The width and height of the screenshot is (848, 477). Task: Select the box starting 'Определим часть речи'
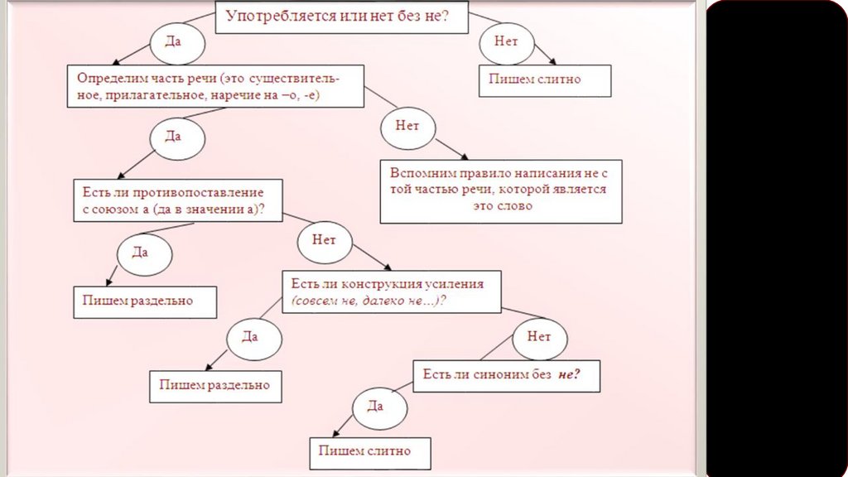(x=214, y=86)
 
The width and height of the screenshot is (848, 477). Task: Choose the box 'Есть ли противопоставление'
(x=179, y=200)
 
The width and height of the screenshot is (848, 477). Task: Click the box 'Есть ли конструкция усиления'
(x=391, y=291)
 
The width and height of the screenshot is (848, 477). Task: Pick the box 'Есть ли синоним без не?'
(x=506, y=375)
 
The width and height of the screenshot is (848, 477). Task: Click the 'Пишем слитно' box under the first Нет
(x=544, y=80)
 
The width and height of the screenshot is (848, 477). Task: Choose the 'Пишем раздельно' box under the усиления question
(x=214, y=386)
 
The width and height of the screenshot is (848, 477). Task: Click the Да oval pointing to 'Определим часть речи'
(x=173, y=41)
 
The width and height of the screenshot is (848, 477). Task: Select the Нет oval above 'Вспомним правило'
(x=407, y=128)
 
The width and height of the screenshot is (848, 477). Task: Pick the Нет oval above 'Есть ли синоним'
(x=539, y=337)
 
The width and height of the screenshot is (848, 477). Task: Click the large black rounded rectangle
(x=776, y=238)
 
